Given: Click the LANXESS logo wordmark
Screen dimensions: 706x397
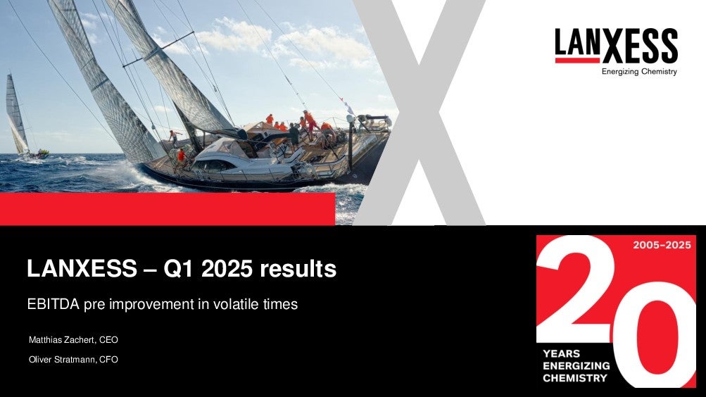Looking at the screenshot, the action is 616,46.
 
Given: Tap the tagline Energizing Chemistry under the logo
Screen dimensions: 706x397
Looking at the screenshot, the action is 639,72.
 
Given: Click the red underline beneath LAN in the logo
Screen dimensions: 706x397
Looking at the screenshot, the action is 578,60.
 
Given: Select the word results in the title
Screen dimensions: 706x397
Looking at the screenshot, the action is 298,269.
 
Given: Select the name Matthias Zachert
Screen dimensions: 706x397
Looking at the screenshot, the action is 62,340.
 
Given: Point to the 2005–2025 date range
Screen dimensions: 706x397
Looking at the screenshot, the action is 662,245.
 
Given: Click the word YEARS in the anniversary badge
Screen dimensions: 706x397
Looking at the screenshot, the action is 562,353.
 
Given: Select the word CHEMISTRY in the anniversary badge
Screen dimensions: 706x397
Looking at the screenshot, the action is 575,378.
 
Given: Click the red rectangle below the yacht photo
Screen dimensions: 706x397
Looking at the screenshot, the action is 168,209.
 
